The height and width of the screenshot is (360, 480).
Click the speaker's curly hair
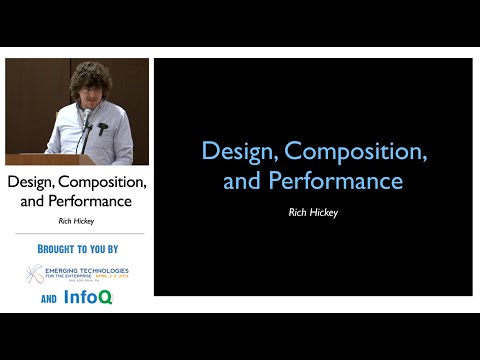click(89, 80)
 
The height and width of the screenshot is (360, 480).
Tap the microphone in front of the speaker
click(87, 119)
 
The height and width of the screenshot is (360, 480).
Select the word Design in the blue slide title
click(239, 152)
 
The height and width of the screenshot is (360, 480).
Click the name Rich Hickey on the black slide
click(313, 212)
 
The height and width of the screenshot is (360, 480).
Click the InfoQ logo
click(91, 297)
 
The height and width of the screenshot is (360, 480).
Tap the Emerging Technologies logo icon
click(34, 274)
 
